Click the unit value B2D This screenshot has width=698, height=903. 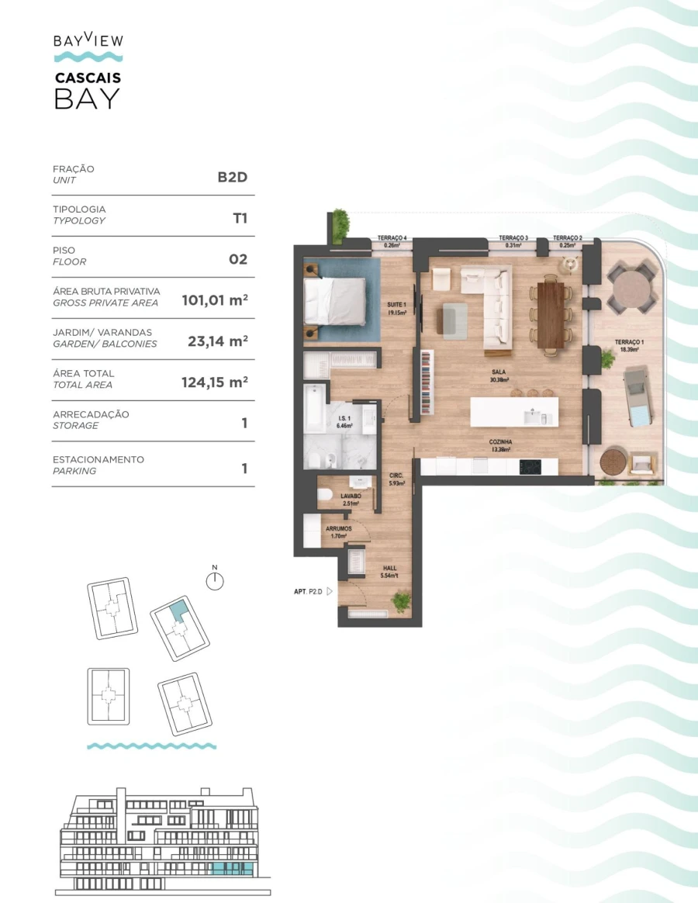point(232,176)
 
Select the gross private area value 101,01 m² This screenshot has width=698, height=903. point(214,299)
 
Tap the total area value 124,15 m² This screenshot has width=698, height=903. point(214,382)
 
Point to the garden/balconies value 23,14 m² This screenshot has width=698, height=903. point(217,341)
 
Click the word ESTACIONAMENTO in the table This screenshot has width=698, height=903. point(98,460)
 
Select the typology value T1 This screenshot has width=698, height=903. point(240,218)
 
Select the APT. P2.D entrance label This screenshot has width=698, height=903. point(308,592)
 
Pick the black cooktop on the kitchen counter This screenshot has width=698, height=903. point(530,467)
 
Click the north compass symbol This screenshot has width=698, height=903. point(215,580)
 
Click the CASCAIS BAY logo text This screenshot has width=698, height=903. point(88,90)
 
